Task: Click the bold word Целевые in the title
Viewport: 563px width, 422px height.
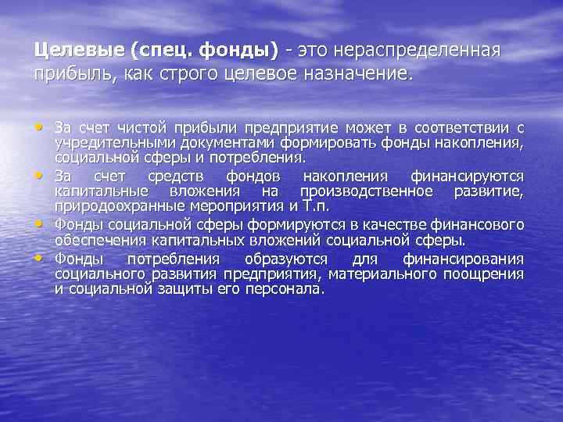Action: (x=80, y=50)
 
